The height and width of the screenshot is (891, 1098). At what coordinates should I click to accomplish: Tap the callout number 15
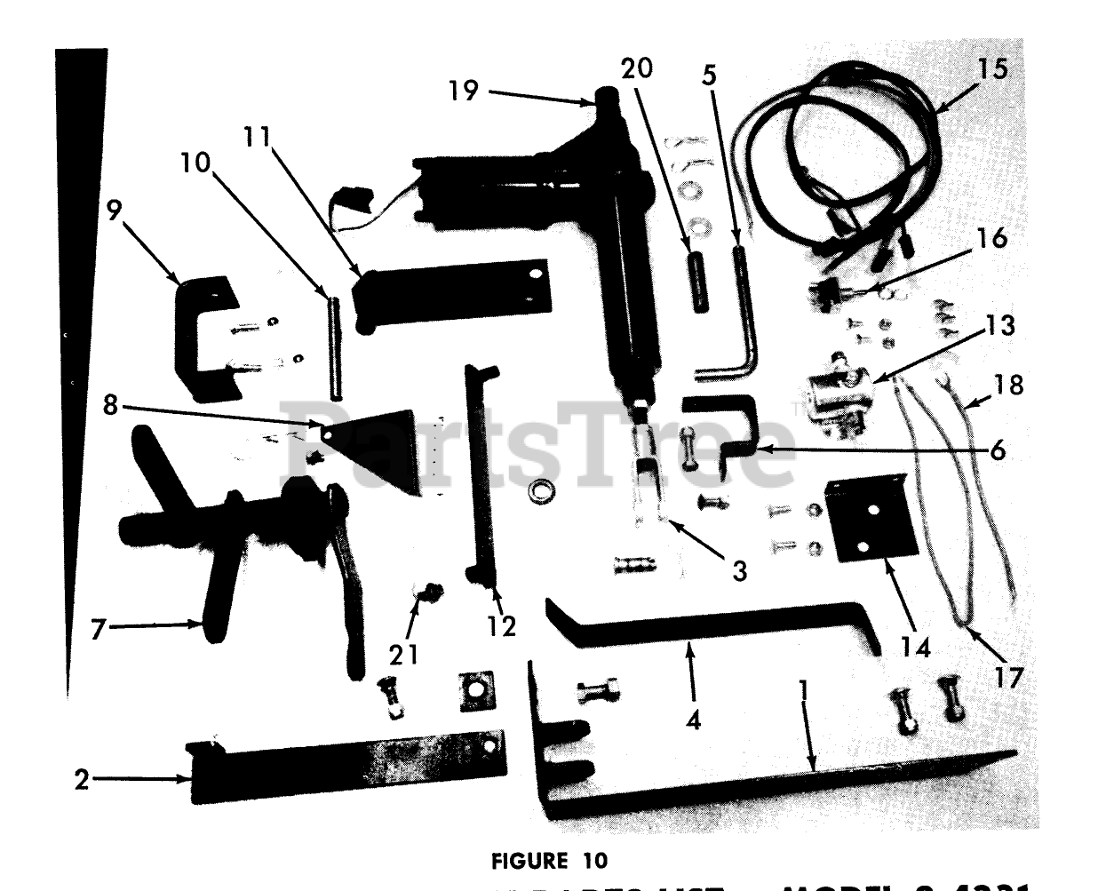pyautogui.click(x=994, y=69)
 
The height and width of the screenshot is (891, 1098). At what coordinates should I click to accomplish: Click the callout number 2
pyautogui.click(x=82, y=781)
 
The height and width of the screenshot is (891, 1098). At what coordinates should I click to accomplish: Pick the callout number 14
pyautogui.click(x=915, y=648)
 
